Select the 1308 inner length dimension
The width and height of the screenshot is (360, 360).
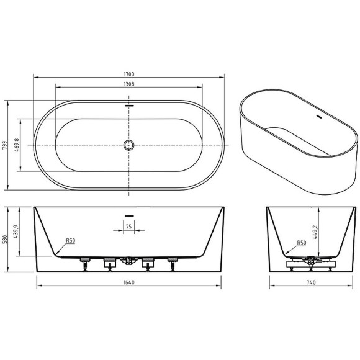(129, 83)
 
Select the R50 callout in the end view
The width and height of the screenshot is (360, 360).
(302, 243)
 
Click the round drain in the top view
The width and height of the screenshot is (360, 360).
(129, 145)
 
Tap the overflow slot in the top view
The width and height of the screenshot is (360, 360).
(129, 106)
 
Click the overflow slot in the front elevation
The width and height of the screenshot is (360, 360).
(129, 216)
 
